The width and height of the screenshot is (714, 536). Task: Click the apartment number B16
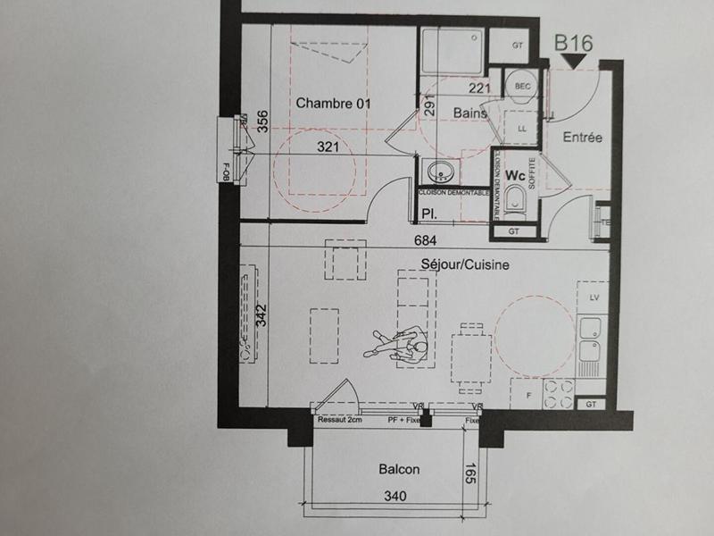click(575, 41)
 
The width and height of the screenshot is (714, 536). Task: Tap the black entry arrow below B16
click(574, 60)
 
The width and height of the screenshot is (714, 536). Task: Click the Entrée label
click(583, 138)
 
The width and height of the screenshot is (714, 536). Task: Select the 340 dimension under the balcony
click(395, 497)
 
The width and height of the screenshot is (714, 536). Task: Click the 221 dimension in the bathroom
click(480, 88)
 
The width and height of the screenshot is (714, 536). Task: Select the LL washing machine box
click(521, 129)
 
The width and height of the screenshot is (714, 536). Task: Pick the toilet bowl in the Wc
click(515, 204)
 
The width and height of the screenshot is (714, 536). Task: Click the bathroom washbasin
click(439, 171)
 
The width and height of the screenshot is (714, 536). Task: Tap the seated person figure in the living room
click(397, 343)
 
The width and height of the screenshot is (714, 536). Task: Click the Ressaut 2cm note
click(339, 420)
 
